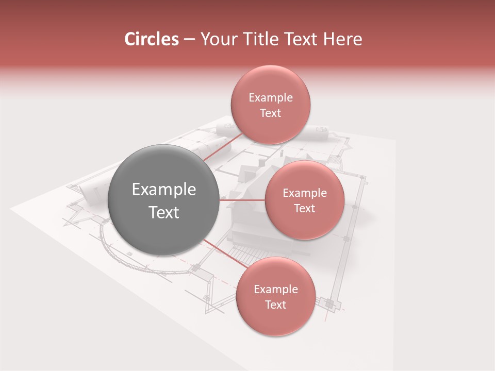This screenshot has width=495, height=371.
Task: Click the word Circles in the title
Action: point(151,39)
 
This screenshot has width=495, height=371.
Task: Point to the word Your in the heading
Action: point(216,39)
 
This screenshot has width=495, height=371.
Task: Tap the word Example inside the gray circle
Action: point(164,190)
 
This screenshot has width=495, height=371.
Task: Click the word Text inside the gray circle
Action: point(164,212)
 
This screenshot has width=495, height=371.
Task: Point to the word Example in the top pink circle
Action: point(271,98)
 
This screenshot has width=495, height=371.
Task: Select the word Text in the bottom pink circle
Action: point(275,305)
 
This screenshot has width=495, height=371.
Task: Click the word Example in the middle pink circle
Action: point(305,193)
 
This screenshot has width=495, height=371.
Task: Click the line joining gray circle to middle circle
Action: point(242,199)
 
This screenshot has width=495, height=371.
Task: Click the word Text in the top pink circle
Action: point(270,113)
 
